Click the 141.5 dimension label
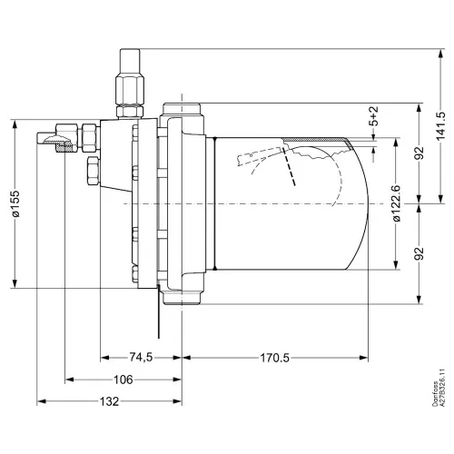coord(441,126)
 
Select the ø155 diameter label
coord(15,203)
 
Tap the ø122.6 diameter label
coord(397,203)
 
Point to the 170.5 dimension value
coord(275,358)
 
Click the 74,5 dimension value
coord(141,358)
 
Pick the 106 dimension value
coord(123,380)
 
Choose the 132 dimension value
coord(109,401)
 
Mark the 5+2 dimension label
coord(374,116)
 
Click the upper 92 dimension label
coord(419,153)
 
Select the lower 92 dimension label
coord(419,253)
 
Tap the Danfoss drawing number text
coord(439,388)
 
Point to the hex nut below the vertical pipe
coord(130,111)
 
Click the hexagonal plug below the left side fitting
coord(93,171)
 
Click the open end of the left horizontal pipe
coord(38,138)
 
